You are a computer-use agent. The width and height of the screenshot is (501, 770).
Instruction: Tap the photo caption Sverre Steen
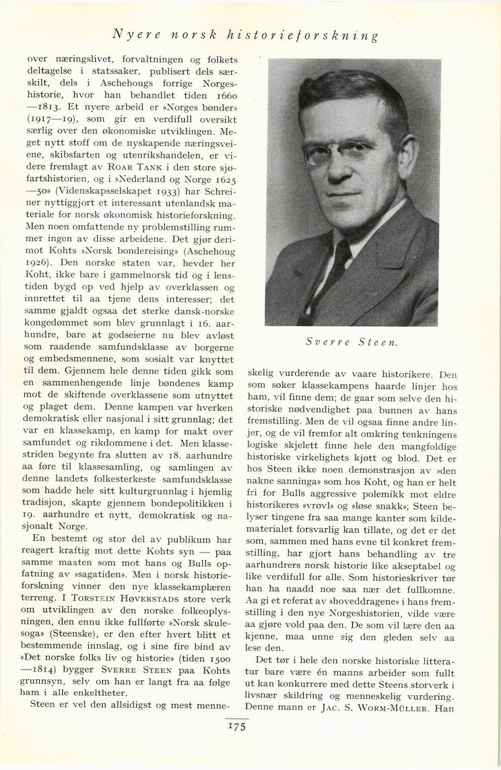[x=352, y=342]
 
